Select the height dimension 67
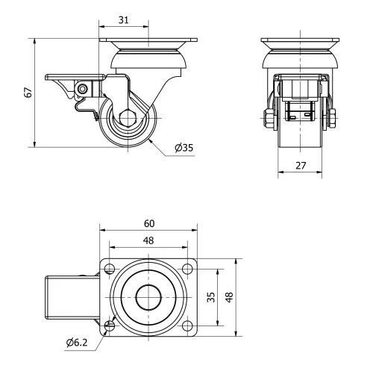(28, 92)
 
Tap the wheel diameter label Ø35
(184, 147)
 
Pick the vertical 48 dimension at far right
(230, 296)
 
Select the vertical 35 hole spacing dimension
(211, 296)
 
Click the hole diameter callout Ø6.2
(78, 343)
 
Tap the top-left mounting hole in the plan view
(110, 269)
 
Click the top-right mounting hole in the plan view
(186, 269)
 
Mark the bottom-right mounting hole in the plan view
(186, 324)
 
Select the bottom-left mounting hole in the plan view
(110, 324)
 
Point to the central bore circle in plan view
(148, 296)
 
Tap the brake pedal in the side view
(63, 78)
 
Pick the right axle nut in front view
(331, 119)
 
